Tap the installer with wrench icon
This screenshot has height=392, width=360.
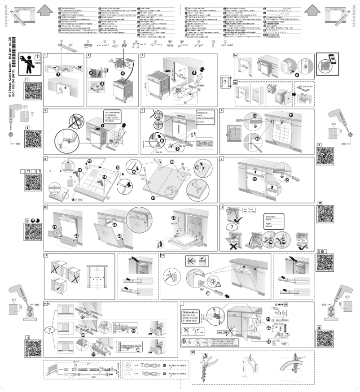tap(29, 61)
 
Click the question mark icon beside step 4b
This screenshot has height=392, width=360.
tap(226, 84)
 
